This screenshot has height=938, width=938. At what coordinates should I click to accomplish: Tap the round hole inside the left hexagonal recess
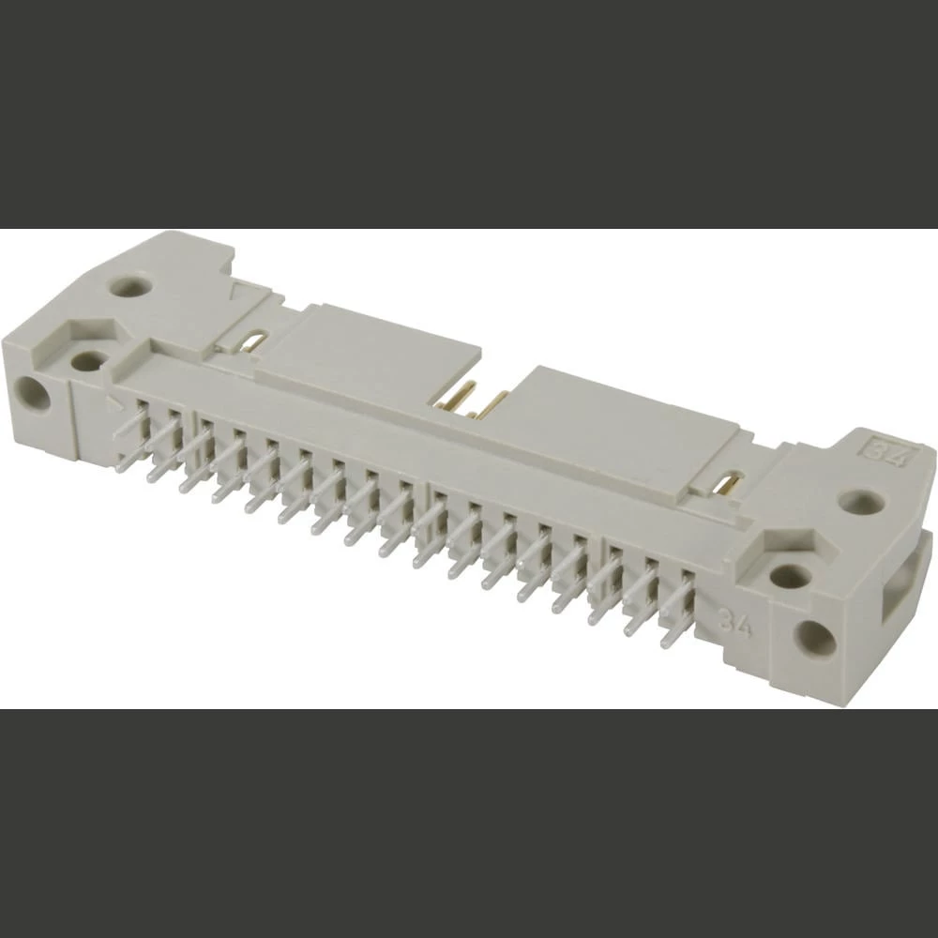click(x=90, y=361)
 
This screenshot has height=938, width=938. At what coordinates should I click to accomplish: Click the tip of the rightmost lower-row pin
click(x=668, y=643)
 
